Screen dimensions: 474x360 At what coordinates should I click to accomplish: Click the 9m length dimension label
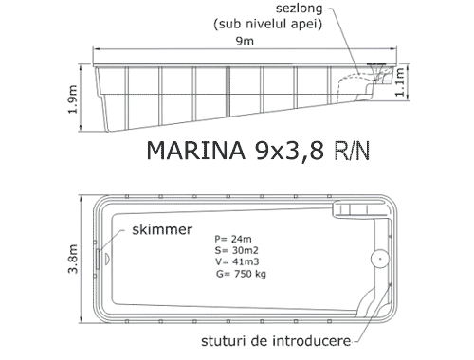point(245,41)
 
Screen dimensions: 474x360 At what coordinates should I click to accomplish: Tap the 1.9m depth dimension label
point(73,99)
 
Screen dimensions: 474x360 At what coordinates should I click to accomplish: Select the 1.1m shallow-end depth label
point(400,82)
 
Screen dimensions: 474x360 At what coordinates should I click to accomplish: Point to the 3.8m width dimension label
point(73,259)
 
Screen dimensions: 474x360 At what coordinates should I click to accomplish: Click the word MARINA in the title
point(196,151)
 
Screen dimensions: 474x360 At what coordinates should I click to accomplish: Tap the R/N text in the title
point(352,151)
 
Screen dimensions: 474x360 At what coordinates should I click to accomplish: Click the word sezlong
point(299,9)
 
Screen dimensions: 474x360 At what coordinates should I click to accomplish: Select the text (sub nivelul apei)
point(268,24)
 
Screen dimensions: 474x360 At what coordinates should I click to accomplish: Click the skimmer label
point(162,229)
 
